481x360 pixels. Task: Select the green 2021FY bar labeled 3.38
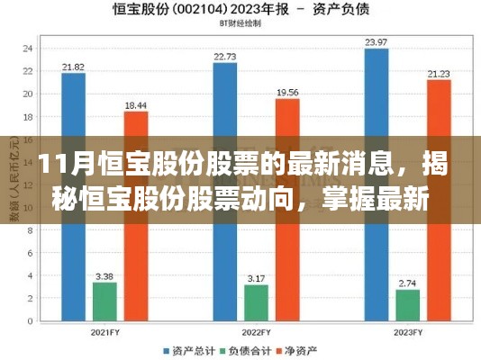[104, 301]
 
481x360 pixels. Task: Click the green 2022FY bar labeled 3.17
[256, 302]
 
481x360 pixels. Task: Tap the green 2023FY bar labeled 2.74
[407, 304]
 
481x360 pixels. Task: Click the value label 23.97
[377, 42]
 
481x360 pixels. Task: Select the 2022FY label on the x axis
[256, 330]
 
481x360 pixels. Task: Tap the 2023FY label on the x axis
[407, 330]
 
